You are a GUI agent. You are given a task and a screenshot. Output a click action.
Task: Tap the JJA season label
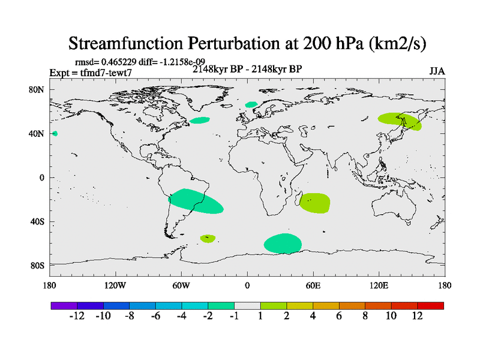(x=437, y=71)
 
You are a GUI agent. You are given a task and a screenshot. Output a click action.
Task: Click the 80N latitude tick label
(x=38, y=89)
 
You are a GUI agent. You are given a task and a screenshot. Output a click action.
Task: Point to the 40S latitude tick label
(x=38, y=221)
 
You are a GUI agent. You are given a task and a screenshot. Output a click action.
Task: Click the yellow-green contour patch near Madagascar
(x=314, y=203)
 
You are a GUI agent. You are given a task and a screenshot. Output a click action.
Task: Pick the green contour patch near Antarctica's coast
(x=283, y=243)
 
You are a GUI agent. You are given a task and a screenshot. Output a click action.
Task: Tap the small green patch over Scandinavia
(x=251, y=104)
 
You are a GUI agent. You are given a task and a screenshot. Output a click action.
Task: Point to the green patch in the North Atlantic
(x=200, y=120)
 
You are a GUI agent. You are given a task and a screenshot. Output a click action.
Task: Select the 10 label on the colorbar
(x=391, y=316)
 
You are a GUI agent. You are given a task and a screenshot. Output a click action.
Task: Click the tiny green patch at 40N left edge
(x=55, y=133)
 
